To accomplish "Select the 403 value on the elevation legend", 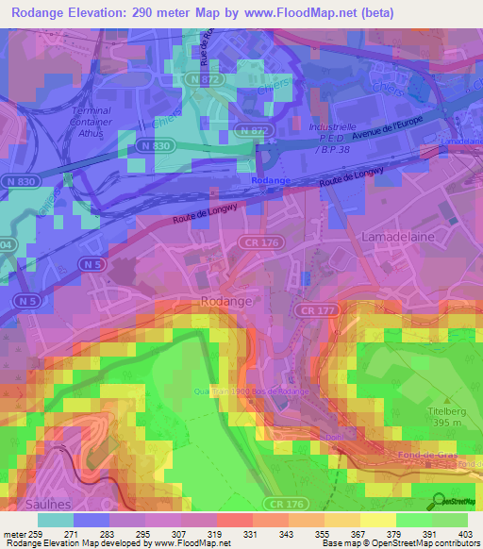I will coord(464,533).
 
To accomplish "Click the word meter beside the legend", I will coord(17,533).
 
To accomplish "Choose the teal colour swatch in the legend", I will coord(55,519).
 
